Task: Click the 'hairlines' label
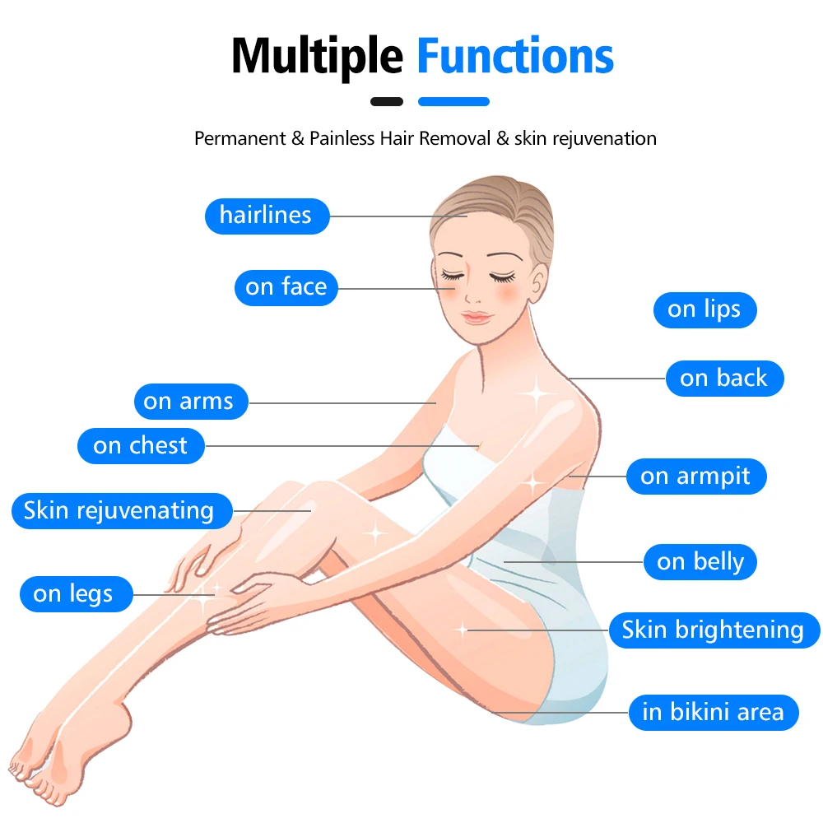click(266, 216)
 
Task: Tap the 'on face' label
click(286, 287)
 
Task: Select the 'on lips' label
click(704, 309)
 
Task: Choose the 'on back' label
click(723, 379)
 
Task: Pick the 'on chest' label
click(141, 446)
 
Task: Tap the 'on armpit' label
click(695, 477)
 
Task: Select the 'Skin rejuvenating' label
click(119, 510)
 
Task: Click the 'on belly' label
click(700, 562)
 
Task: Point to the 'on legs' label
click(74, 593)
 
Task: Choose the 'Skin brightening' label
click(713, 630)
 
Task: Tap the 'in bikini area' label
click(713, 712)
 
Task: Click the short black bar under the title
click(387, 102)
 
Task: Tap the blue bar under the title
click(453, 102)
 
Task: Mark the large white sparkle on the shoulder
click(536, 393)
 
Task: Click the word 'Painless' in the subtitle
click(342, 138)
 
